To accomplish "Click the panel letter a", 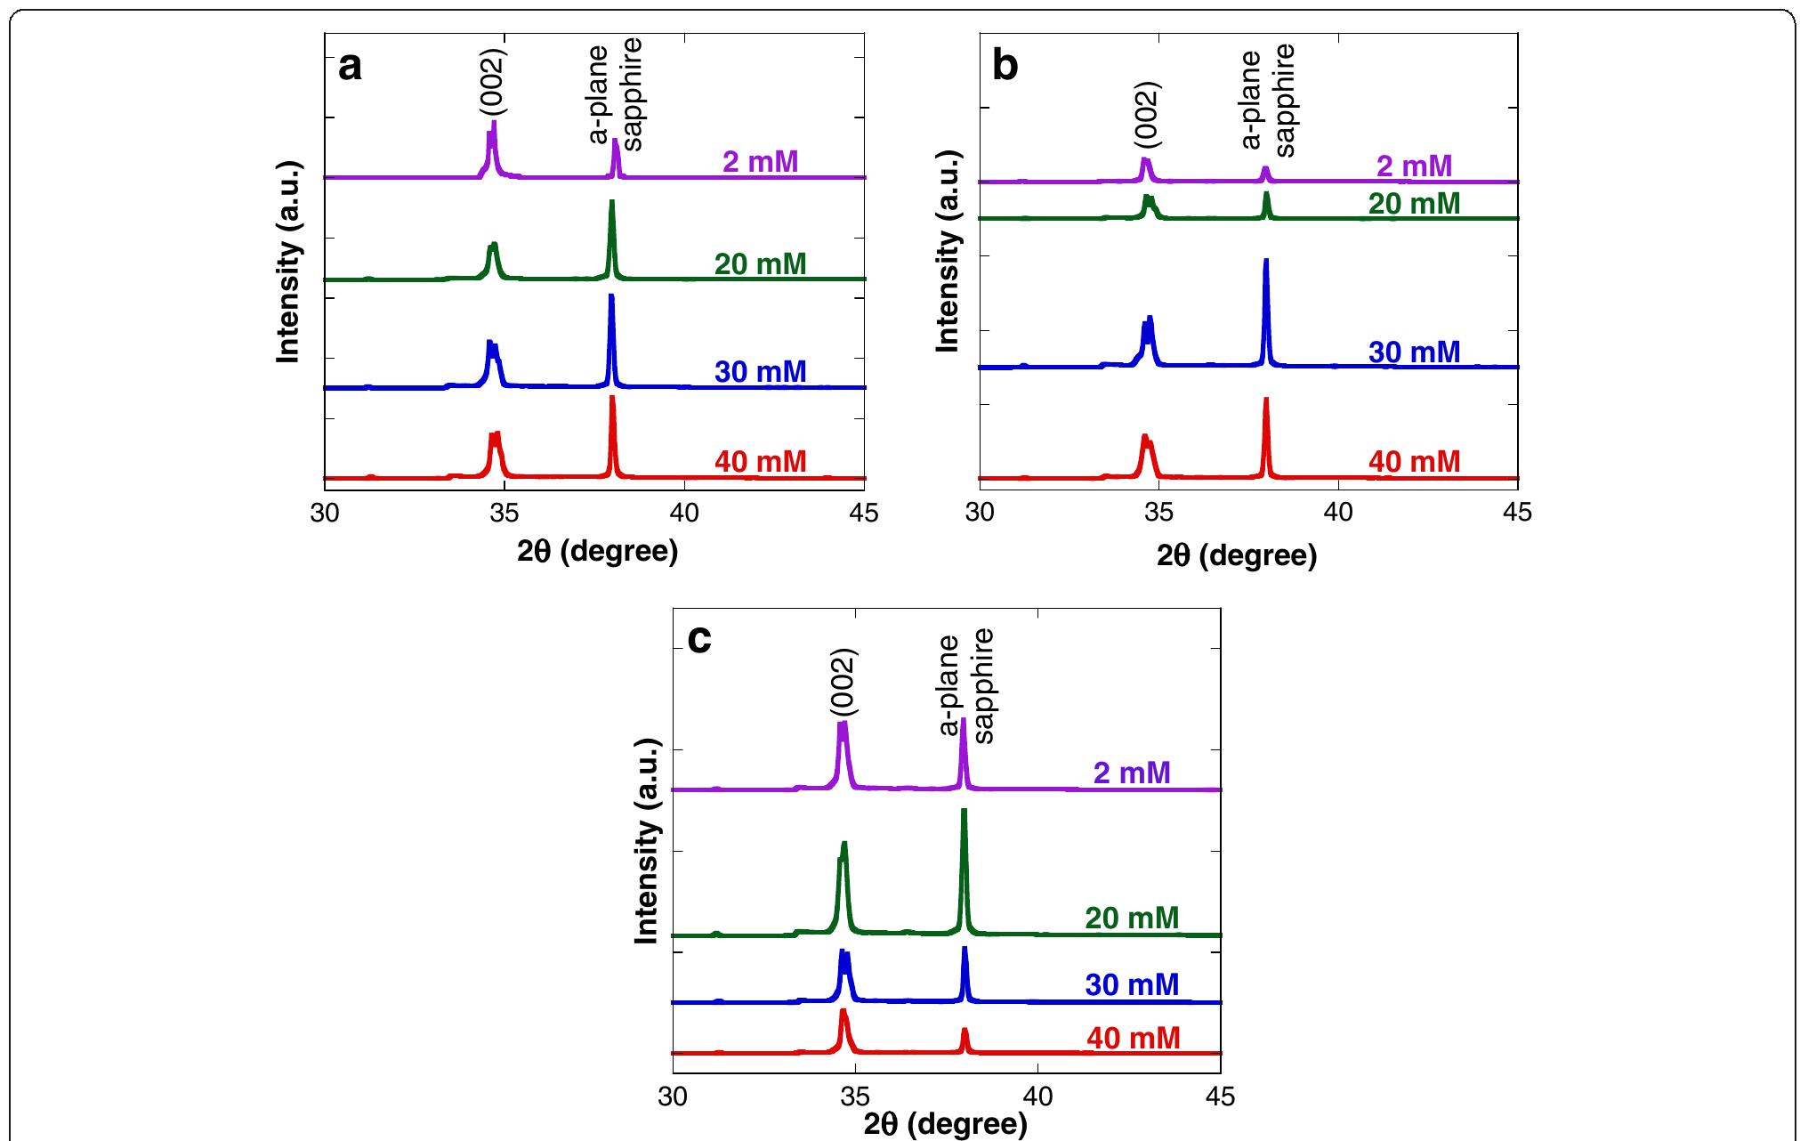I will click(351, 67).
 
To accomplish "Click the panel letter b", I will click(1005, 67).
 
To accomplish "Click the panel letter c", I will click(699, 639).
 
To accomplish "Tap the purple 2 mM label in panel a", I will click(760, 162).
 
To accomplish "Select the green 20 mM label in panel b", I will click(1414, 204).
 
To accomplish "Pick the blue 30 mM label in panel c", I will click(1132, 984).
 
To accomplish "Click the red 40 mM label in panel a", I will click(760, 462).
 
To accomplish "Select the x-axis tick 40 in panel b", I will click(1338, 514).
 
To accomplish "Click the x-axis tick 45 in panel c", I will click(1221, 1097).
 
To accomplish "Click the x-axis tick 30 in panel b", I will click(980, 514).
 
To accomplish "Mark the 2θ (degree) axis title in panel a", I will click(598, 552).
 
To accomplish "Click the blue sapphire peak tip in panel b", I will click(1265, 260).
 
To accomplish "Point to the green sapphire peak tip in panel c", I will click(964, 810).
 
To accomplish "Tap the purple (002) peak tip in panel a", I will click(494, 123).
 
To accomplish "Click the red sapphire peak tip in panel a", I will click(612, 397).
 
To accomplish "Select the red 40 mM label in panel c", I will click(1133, 1038).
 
